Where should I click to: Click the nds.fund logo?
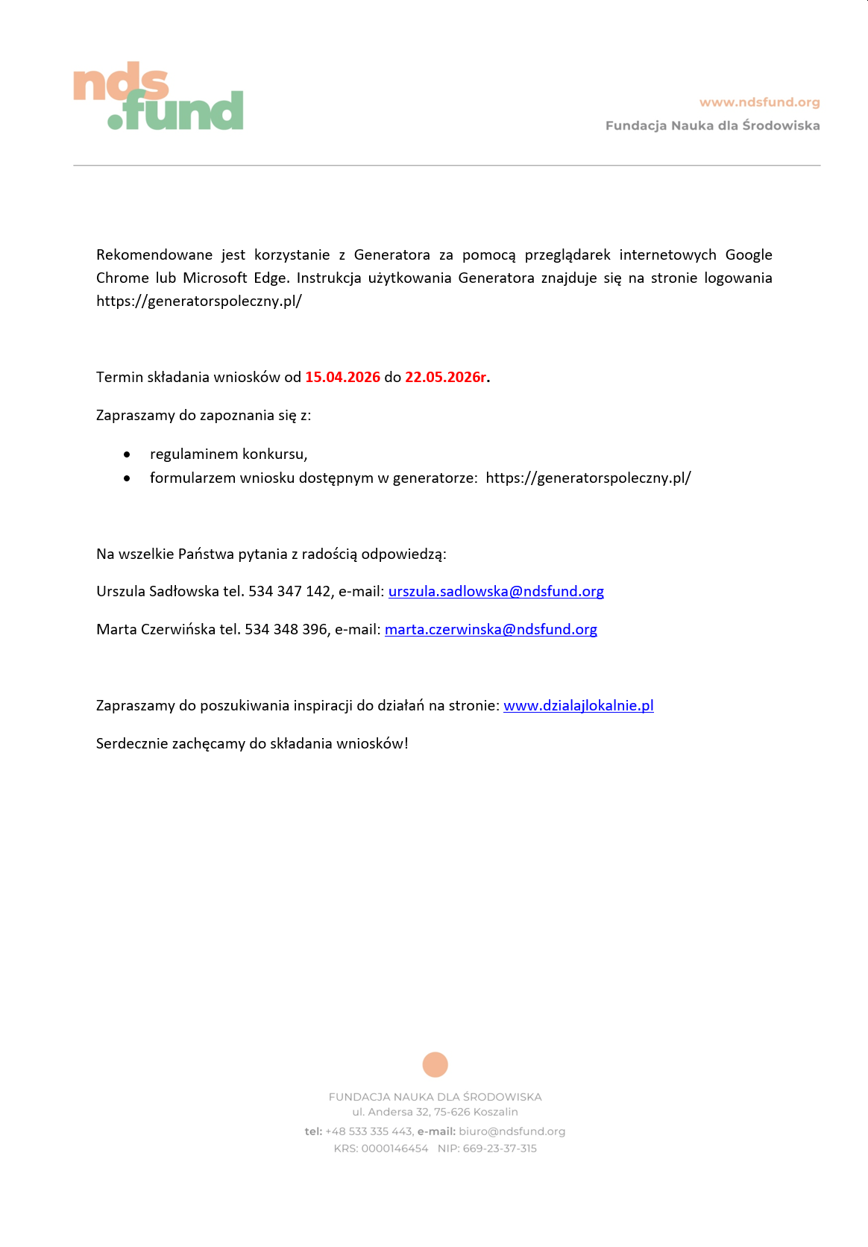[158, 97]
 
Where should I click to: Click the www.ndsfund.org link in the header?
[759, 102]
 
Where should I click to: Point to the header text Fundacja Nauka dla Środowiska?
[712, 125]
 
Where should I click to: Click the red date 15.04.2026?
[342, 377]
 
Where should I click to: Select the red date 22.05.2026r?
[445, 377]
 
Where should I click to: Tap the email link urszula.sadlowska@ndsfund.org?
[496, 592]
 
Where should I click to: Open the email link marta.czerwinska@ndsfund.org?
[491, 630]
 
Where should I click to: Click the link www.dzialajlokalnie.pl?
[578, 706]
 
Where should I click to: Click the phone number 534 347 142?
[289, 592]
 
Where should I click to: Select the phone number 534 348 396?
[286, 630]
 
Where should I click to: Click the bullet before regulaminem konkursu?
[128, 454]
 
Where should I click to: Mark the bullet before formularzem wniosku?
[128, 478]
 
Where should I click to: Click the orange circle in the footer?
[435, 1065]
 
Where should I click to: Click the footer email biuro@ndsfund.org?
[512, 1131]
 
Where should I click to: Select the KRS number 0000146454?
[394, 1148]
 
